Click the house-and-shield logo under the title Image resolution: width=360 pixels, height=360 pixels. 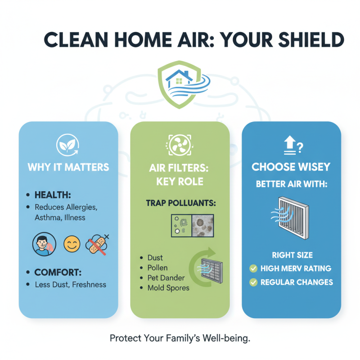tap(180, 85)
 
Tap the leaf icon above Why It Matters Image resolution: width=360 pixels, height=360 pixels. tap(67, 145)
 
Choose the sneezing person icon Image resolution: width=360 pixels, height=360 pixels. tap(43, 244)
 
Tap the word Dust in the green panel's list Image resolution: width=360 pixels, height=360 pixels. tap(155, 258)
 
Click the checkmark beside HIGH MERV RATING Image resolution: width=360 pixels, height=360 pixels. tap(253, 269)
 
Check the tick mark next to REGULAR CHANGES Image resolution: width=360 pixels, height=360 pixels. tap(253, 283)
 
